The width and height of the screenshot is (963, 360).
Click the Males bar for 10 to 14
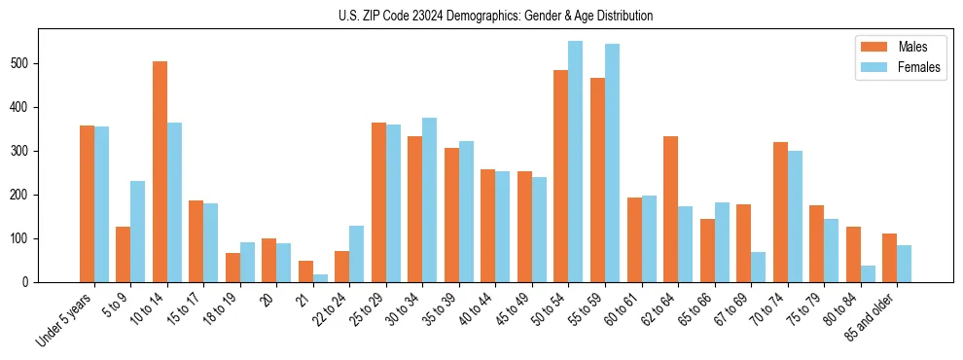[x=160, y=171]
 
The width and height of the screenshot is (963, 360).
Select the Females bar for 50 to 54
[x=576, y=162]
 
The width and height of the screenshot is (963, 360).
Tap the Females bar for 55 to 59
[x=612, y=162]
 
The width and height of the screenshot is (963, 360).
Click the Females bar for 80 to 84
[x=868, y=273]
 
